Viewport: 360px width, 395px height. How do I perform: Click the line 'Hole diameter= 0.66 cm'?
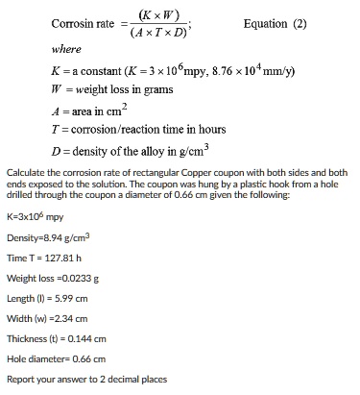[x=56, y=358]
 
